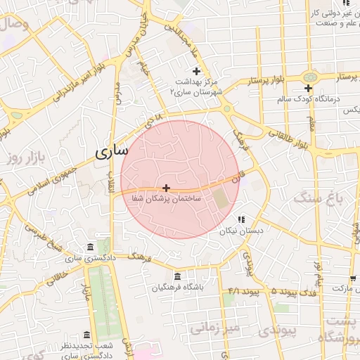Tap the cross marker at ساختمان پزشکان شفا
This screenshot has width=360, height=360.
(166, 188)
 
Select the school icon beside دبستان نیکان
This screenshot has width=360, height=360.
(241, 219)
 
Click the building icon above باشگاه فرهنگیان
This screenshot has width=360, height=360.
(177, 276)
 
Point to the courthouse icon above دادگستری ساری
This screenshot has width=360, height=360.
(89, 247)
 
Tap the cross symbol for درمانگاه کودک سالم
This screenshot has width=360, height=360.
(308, 88)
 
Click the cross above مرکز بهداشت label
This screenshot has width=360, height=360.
(196, 71)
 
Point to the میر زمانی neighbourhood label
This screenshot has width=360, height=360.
(215, 328)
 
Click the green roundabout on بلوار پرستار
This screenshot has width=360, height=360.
(309, 77)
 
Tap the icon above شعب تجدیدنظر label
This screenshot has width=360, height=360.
(86, 335)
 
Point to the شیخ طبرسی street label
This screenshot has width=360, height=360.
(44, 238)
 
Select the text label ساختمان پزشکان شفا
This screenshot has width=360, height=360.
(167, 200)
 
